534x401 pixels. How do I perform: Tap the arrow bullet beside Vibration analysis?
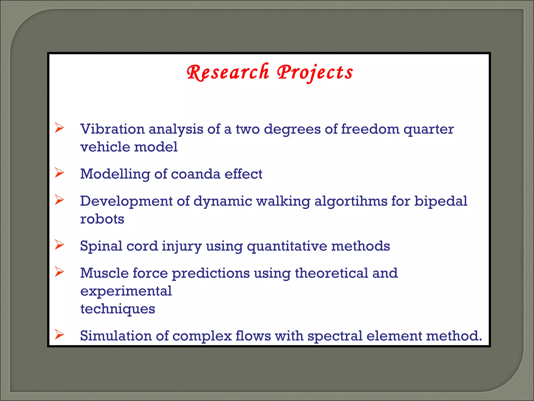(x=59, y=128)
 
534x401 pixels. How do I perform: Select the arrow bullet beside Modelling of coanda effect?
(x=59, y=173)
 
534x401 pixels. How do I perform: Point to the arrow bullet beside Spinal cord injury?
(x=59, y=245)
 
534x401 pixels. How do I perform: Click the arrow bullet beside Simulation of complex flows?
(x=59, y=335)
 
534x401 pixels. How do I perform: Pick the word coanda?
(x=196, y=174)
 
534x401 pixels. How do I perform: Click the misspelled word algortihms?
(x=351, y=202)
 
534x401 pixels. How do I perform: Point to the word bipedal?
(x=441, y=202)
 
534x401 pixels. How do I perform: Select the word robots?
(x=102, y=219)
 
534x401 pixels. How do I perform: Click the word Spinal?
(x=101, y=246)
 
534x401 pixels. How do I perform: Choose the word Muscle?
(x=104, y=273)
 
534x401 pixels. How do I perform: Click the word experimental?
(x=126, y=291)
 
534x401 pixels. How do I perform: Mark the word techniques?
(x=118, y=309)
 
